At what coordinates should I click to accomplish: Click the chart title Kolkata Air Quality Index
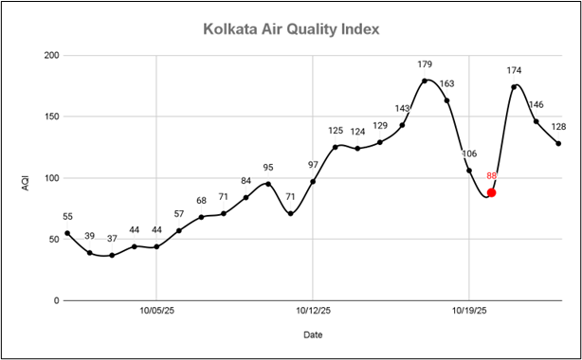[291, 29]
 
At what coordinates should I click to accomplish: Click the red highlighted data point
[491, 192]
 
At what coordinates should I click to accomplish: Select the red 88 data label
[492, 175]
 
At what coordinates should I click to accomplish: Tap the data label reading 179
[425, 64]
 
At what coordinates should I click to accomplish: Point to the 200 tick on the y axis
[51, 56]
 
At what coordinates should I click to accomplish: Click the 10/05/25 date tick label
[156, 309]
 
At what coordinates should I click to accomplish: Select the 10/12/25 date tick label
[313, 309]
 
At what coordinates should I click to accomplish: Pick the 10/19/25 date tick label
[469, 309]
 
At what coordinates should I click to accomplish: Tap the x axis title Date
[313, 334]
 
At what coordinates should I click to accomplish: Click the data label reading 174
[514, 70]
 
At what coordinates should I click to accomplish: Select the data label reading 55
[67, 217]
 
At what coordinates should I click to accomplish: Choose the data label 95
[268, 168]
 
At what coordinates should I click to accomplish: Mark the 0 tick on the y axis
[56, 300]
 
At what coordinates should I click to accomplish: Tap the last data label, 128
[558, 127]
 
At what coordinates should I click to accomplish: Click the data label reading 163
[447, 83]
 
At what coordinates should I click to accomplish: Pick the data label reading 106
[469, 153]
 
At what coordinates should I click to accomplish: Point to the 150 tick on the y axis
[51, 117]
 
